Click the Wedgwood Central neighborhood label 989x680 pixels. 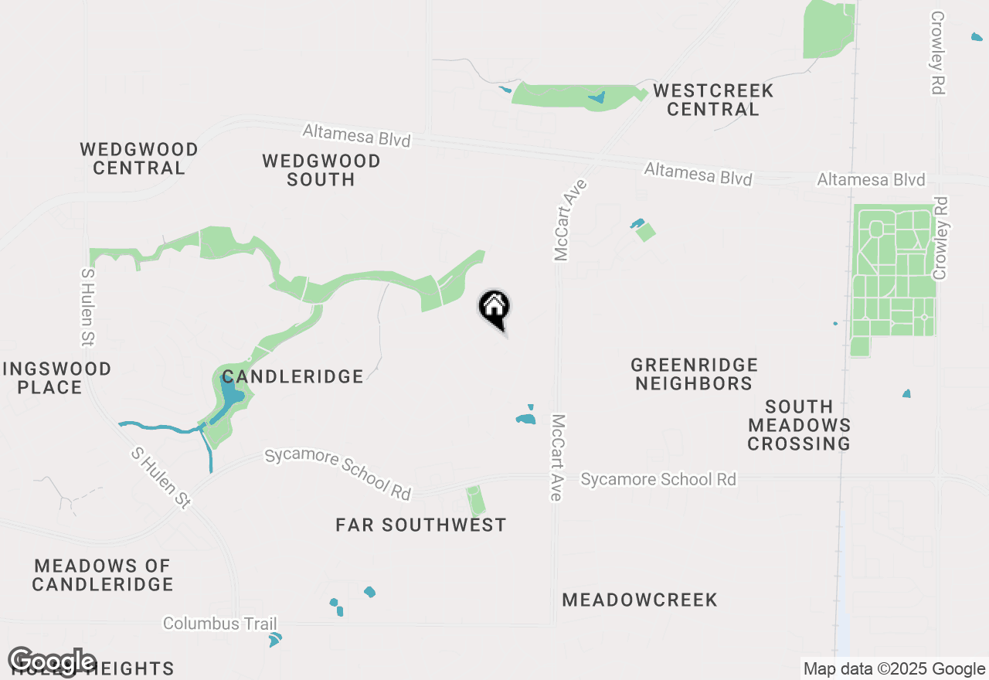(x=139, y=158)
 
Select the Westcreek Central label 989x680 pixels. (x=712, y=100)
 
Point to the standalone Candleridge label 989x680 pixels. (x=292, y=376)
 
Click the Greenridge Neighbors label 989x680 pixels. (x=694, y=374)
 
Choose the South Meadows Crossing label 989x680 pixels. (x=799, y=425)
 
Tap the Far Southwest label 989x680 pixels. (x=421, y=525)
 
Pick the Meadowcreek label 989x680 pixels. (x=640, y=600)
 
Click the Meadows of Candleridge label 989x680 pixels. (x=103, y=575)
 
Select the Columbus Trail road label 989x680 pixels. (x=219, y=624)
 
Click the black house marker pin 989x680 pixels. (x=494, y=309)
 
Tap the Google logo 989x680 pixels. (x=53, y=661)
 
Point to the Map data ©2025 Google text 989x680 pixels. (x=894, y=669)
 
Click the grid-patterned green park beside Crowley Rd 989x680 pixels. (x=893, y=270)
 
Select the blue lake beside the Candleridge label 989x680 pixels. (x=230, y=396)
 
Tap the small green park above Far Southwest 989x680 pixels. (x=477, y=501)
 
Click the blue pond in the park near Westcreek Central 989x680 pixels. (x=596, y=97)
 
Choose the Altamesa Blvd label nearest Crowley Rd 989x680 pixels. (x=871, y=180)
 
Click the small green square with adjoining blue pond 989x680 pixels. (x=644, y=231)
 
